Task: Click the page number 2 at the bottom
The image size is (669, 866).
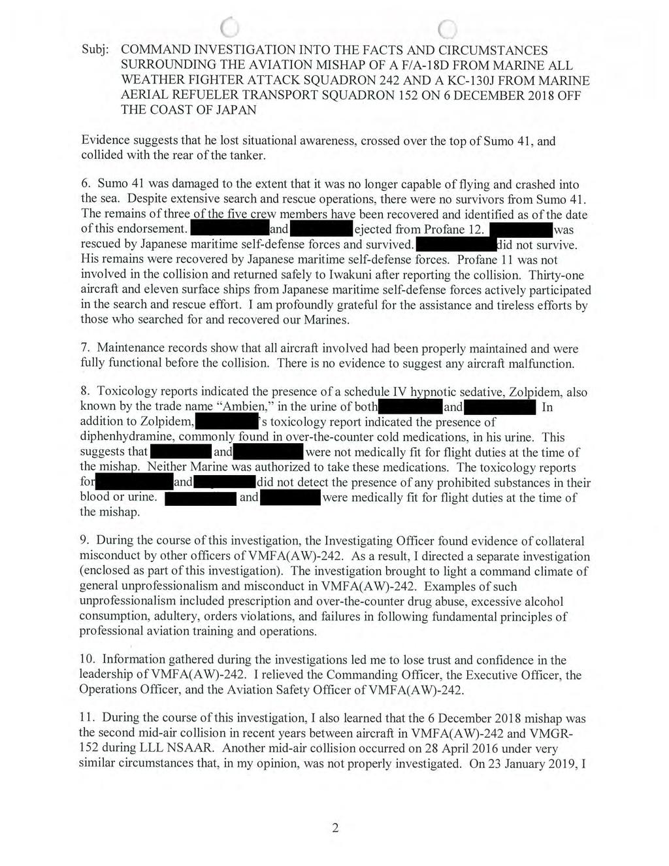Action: (335, 829)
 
